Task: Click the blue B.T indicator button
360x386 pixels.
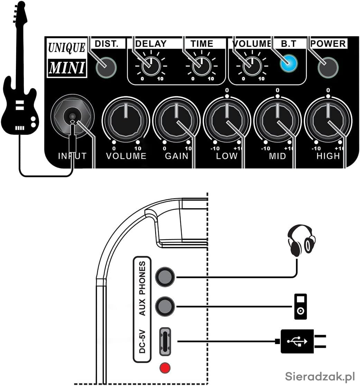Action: coord(289,63)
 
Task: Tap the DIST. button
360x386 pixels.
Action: coord(106,67)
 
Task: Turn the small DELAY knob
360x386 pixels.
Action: coord(151,66)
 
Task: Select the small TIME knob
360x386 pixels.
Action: coord(202,66)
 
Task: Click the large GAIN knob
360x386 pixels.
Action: coord(176,120)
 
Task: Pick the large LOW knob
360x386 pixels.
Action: coord(227,120)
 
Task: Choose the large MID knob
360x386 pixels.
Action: coord(277,120)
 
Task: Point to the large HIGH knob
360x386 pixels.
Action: coord(328,120)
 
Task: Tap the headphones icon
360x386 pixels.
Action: coord(301,240)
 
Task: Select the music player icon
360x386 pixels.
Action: coord(300,307)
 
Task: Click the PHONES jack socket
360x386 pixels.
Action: coord(165,277)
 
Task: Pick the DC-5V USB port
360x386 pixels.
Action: coord(165,341)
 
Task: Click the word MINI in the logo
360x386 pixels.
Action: coord(66,68)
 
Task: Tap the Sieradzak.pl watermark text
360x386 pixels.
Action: coord(320,375)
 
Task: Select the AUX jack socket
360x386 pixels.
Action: coord(165,306)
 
